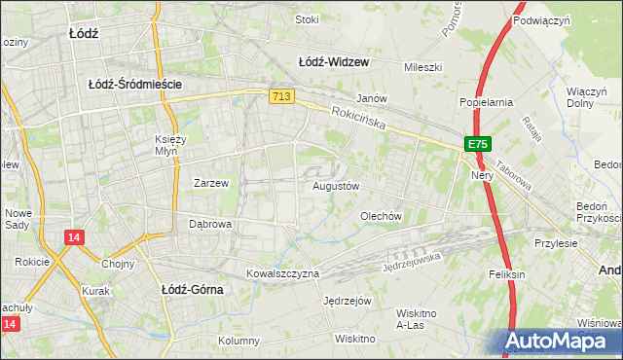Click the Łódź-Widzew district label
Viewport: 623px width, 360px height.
click(x=334, y=62)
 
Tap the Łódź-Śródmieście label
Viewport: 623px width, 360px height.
click(x=135, y=85)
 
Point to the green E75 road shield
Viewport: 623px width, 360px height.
click(x=476, y=144)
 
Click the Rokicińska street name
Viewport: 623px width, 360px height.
click(x=358, y=119)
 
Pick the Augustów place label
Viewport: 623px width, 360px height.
click(x=337, y=186)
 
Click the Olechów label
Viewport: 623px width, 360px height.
click(x=381, y=216)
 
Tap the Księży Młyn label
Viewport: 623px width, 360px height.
click(x=171, y=145)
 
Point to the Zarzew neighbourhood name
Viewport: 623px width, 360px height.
click(x=210, y=183)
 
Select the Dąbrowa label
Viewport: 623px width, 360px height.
click(x=209, y=224)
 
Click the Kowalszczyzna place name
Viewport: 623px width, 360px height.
click(x=282, y=274)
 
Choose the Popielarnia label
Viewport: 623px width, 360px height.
click(x=486, y=101)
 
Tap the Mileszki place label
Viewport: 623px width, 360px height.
click(x=423, y=67)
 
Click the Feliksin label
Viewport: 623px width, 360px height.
click(x=507, y=274)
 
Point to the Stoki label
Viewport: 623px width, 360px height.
click(x=307, y=18)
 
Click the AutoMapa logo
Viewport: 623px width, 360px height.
click(x=562, y=342)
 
